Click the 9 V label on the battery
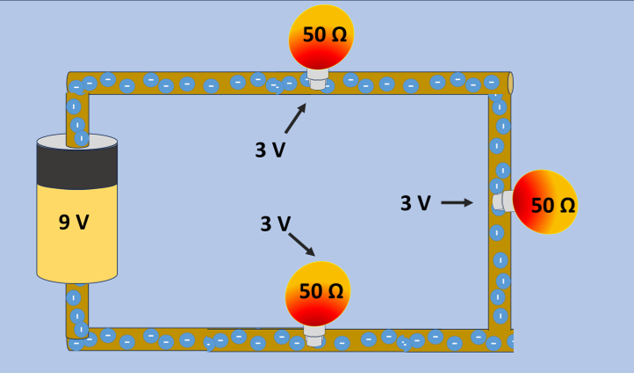pyautogui.click(x=74, y=223)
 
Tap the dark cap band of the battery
pyautogui.click(x=77, y=165)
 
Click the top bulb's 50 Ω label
pyautogui.click(x=324, y=35)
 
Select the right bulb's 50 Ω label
pyautogui.click(x=553, y=205)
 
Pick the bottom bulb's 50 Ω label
pyautogui.click(x=321, y=291)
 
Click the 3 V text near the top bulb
pyautogui.click(x=270, y=150)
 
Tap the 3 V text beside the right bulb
pyautogui.click(x=415, y=203)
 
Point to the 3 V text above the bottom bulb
pyautogui.click(x=275, y=223)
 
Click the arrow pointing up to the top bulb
pyautogui.click(x=296, y=117)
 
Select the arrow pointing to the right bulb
pyautogui.click(x=457, y=203)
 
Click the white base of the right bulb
pyautogui.click(x=502, y=201)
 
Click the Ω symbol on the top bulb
pyautogui.click(x=338, y=35)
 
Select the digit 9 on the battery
pyautogui.click(x=64, y=223)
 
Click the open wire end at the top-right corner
pyautogui.click(x=510, y=84)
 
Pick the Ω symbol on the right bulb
pyautogui.click(x=566, y=205)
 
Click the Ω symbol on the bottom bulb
pyautogui.click(x=335, y=291)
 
